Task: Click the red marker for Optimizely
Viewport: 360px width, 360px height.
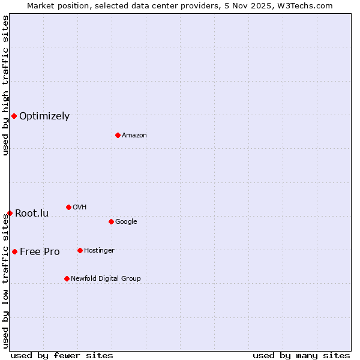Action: [14, 116]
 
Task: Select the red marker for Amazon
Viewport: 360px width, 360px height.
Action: [118, 135]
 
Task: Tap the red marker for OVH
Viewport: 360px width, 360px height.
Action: [68, 207]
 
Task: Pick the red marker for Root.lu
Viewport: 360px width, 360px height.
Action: [10, 213]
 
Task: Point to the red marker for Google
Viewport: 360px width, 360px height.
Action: [111, 221]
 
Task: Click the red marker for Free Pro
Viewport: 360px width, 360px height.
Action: [14, 251]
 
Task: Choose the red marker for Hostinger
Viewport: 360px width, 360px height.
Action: [80, 250]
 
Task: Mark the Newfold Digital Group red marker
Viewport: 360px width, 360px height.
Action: [67, 278]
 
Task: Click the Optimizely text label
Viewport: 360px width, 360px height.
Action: [44, 116]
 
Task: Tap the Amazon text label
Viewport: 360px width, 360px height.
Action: [134, 136]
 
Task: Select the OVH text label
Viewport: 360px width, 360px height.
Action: [80, 208]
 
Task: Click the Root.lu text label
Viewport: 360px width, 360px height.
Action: [32, 214]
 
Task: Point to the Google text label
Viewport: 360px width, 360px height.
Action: [126, 222]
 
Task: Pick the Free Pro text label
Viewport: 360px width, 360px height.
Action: [40, 252]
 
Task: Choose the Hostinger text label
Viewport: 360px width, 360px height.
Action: [99, 251]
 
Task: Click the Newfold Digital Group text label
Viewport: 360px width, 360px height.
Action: [106, 279]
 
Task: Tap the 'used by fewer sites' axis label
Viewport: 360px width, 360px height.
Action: [62, 355]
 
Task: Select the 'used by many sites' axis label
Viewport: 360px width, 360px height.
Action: [301, 355]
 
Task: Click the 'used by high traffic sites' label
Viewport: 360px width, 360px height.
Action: [5, 85]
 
